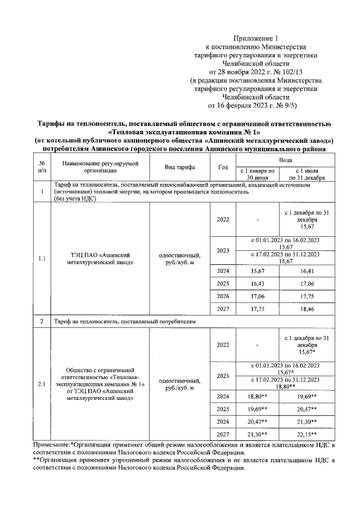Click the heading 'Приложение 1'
click(x=255, y=38)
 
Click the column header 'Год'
click(x=223, y=168)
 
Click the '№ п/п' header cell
click(x=42, y=168)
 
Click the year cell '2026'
click(x=223, y=300)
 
